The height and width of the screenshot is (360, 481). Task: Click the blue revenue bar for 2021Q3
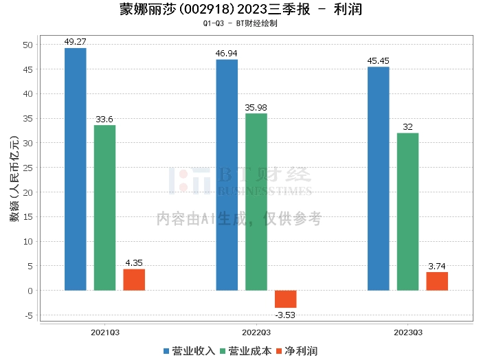tap(76, 169)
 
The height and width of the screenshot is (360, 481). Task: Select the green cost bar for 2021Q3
tap(104, 207)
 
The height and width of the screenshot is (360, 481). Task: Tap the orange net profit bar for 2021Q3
tap(134, 280)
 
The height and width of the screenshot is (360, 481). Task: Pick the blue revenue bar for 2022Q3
tap(227, 175)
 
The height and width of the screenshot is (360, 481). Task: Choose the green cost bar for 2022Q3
tap(256, 202)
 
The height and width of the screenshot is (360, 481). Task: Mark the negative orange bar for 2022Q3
tap(286, 299)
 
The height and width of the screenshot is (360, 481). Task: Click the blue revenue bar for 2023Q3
tap(379, 179)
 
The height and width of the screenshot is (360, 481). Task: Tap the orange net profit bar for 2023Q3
tap(437, 281)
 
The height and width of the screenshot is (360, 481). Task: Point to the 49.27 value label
tap(76, 41)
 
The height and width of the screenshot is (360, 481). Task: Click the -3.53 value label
tap(286, 315)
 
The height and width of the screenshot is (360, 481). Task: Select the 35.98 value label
tap(256, 107)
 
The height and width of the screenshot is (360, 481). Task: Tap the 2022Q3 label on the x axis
tap(256, 333)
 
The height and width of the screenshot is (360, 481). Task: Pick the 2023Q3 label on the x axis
tap(407, 333)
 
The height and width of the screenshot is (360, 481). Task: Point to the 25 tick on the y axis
tap(27, 168)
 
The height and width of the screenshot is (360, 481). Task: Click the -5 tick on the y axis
tap(27, 315)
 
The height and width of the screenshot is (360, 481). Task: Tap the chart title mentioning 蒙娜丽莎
tap(240, 10)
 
